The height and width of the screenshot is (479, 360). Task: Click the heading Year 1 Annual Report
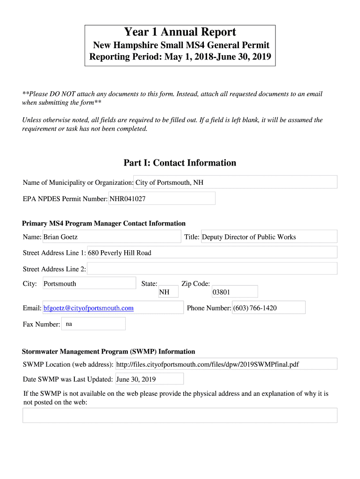[180, 32]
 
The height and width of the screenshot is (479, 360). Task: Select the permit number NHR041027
[128, 199]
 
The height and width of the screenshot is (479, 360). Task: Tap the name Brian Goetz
[61, 237]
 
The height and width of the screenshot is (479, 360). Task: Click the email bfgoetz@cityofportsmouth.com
[88, 308]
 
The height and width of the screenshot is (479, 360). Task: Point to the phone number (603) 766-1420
[255, 308]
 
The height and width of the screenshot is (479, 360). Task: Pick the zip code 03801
[221, 292]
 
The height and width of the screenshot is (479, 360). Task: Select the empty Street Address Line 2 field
[212, 269]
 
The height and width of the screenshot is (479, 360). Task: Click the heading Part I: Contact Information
[180, 163]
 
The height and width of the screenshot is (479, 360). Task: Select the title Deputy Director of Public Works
[249, 237]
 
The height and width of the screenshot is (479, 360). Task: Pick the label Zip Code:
[195, 284]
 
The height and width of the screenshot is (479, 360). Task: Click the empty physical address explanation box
[180, 415]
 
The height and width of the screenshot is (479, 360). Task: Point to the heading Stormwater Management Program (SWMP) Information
[108, 351]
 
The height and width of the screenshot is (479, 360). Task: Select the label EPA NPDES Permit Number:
[65, 199]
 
